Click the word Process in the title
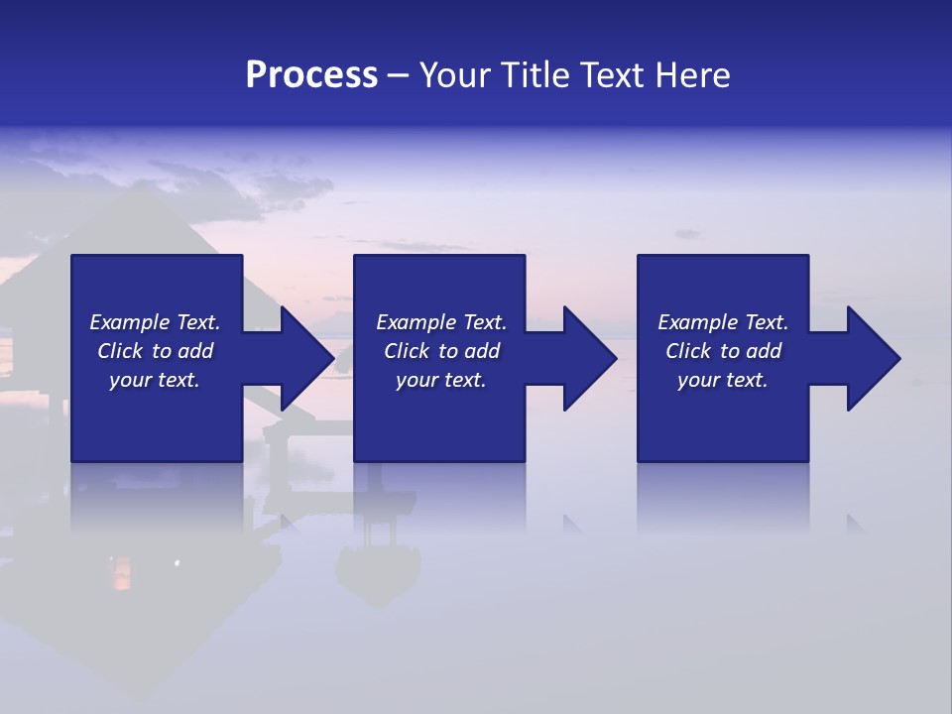coord(311,75)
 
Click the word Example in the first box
coord(130,322)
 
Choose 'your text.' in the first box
coord(155,380)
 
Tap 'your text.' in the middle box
coord(441,380)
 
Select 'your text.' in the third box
coord(723,380)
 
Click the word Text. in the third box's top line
coord(767,322)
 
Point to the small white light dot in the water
coord(178,563)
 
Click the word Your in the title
coord(454,75)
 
